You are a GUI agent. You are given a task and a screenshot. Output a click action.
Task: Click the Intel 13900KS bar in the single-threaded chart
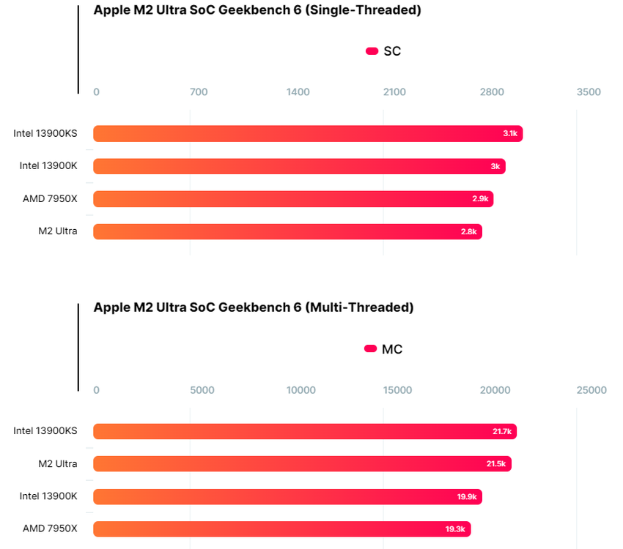point(308,133)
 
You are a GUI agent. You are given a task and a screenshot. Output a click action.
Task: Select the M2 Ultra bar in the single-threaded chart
point(287,231)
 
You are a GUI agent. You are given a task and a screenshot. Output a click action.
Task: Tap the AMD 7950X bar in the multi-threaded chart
point(281,529)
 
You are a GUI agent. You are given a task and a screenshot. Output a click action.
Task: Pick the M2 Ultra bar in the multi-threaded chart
point(302,463)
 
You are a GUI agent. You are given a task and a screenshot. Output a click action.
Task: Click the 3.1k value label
point(510,133)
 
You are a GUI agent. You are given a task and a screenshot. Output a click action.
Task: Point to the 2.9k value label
point(481,199)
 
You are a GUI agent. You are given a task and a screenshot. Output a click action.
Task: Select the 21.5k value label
point(497,464)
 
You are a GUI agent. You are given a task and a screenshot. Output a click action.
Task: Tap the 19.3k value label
point(456,529)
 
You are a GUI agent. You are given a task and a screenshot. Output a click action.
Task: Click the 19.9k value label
point(467,497)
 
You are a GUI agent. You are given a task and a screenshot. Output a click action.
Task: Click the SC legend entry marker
point(372,51)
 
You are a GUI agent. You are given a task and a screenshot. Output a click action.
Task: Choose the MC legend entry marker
point(370,349)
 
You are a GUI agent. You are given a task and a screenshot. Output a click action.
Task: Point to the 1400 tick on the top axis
point(298,92)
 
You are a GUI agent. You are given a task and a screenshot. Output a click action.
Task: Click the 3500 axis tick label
point(589,92)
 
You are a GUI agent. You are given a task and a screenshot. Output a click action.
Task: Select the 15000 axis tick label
point(398,390)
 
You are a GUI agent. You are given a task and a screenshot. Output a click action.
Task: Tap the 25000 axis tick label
point(591,390)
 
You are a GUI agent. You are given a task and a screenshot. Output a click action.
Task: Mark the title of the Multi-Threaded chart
point(254,307)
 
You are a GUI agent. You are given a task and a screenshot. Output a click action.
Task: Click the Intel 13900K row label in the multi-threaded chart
point(48,496)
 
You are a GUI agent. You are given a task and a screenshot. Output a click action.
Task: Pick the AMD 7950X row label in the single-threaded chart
point(50,198)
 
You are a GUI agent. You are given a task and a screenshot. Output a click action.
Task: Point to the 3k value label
point(495,166)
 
